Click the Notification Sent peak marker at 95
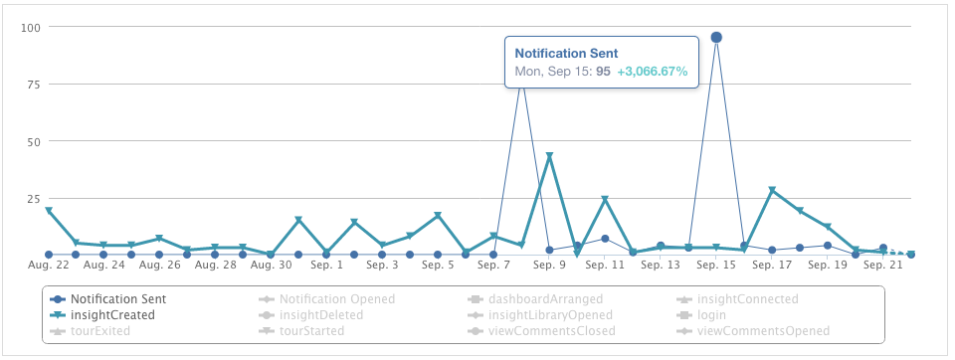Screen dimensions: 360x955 716,38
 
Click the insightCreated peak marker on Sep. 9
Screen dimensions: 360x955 549,156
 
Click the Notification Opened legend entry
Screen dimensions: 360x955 336,298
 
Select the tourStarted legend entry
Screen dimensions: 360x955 311,330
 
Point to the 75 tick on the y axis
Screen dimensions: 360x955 33,85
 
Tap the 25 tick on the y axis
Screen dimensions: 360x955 33,199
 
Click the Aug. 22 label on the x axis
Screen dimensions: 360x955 49,266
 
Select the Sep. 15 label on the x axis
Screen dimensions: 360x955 716,266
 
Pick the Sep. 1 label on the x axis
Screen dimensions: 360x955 326,266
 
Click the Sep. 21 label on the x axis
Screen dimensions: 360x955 883,266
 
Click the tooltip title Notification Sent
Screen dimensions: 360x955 566,54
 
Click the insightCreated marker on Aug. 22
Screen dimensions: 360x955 48,211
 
